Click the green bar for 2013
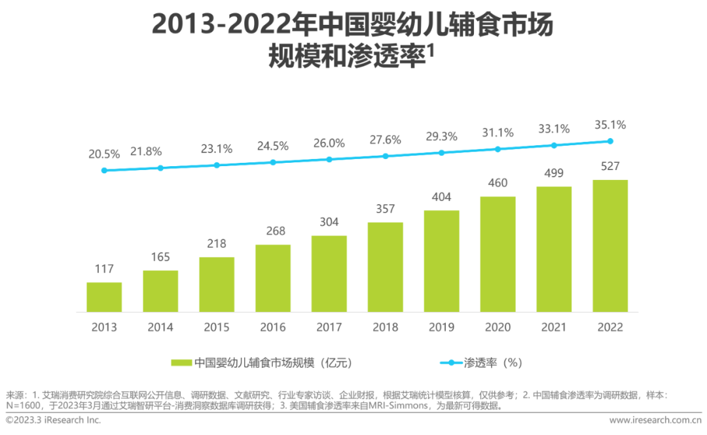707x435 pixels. pyautogui.click(x=104, y=296)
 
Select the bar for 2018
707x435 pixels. pyautogui.click(x=385, y=266)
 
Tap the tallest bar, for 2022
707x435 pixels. pyautogui.click(x=609, y=245)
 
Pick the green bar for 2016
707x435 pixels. pyautogui.click(x=273, y=278)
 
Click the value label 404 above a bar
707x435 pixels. pyautogui.click(x=441, y=198)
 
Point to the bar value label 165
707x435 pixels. pyautogui.click(x=160, y=257)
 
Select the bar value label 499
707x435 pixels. pyautogui.click(x=554, y=173)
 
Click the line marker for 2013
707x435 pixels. pyautogui.click(x=104, y=170)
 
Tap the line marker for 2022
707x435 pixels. pyautogui.click(x=610, y=141)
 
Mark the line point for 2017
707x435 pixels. pyautogui.click(x=329, y=159)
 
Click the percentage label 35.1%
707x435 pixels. pyautogui.click(x=610, y=125)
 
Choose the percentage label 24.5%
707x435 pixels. pyautogui.click(x=273, y=146)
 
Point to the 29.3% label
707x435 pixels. pyautogui.click(x=441, y=137)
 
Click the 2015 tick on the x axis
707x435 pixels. pyautogui.click(x=217, y=327)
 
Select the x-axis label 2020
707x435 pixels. pyautogui.click(x=498, y=327)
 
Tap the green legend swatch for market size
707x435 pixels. pyautogui.click(x=181, y=362)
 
